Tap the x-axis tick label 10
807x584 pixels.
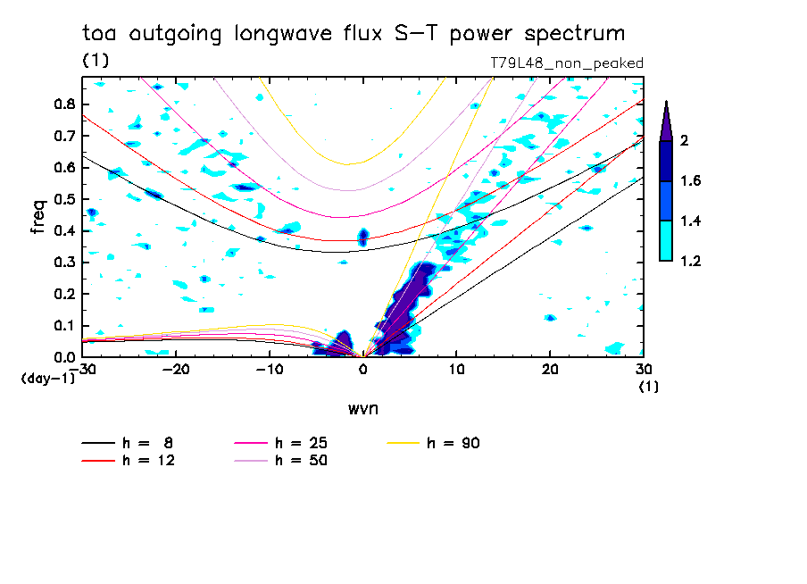point(456,369)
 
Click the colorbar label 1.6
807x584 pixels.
point(690,181)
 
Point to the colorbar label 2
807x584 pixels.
point(683,140)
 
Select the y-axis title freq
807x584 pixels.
point(37,217)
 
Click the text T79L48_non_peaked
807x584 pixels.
point(567,63)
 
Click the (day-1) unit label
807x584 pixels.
point(47,379)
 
